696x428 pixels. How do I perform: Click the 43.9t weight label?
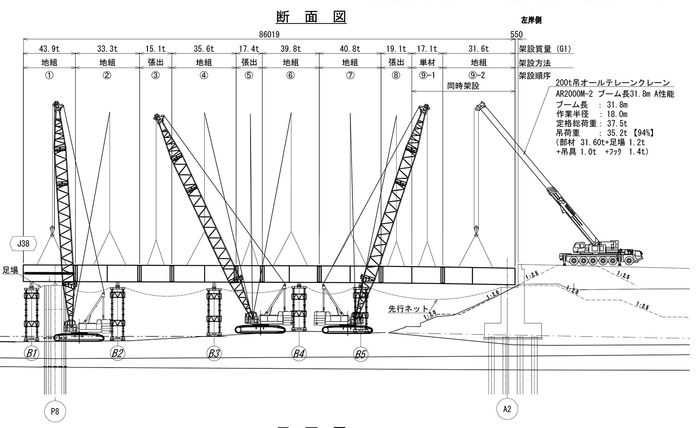pos(49,49)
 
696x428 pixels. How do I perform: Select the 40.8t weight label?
pos(350,49)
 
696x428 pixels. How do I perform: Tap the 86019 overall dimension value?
pos(269,34)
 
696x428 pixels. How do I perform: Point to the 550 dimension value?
pos(516,34)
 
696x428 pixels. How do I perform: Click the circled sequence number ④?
pos(204,75)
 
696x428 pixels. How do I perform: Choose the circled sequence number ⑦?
pos(350,75)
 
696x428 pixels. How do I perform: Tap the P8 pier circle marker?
pos(55,411)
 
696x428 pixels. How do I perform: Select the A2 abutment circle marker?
pos(507,409)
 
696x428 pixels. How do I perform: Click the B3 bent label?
pos(214,353)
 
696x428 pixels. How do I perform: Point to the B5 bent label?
pos(360,354)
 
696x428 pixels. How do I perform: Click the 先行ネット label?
pos(402,310)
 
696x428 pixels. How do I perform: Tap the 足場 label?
pos(10,271)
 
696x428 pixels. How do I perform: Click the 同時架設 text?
pos(463,86)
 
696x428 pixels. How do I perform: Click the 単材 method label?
pos(427,63)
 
